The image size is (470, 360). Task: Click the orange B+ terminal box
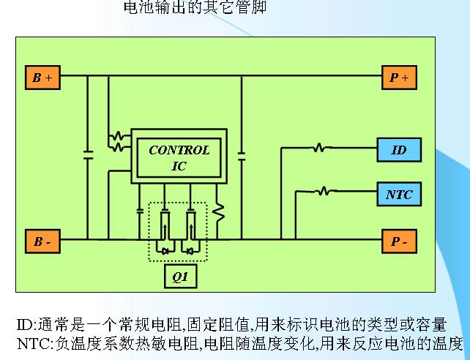[x=42, y=78]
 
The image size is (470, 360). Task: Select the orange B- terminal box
[x=42, y=241]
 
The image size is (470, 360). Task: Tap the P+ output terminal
[x=399, y=78]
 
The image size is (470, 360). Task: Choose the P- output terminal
[x=399, y=241]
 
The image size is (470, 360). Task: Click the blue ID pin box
[x=399, y=150]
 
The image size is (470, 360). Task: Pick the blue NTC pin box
[x=399, y=195]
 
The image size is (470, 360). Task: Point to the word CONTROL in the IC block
[x=179, y=151]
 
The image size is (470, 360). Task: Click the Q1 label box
[x=179, y=277]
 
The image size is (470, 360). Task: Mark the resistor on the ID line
[x=318, y=149]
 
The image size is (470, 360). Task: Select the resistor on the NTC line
[x=324, y=193]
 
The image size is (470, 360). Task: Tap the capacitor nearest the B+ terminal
[x=88, y=155]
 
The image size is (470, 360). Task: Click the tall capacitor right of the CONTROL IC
[x=241, y=155]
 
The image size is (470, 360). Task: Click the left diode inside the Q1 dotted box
[x=165, y=251]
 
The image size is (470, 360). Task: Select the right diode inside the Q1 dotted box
[x=190, y=251]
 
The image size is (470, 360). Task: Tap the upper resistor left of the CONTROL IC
[x=116, y=136]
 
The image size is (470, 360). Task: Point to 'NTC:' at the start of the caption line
[x=33, y=342]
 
